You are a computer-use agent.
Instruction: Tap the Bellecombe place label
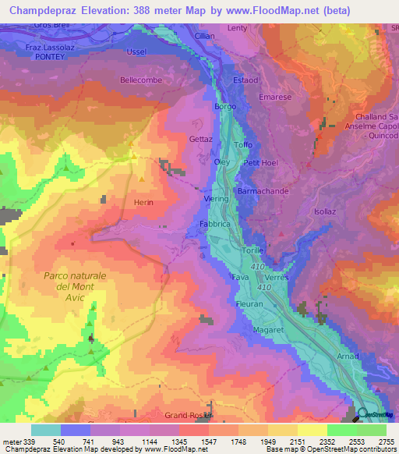click(x=140, y=80)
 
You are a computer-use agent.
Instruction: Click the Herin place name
click(x=143, y=202)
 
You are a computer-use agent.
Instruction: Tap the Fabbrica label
click(x=214, y=223)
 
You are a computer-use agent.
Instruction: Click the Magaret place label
click(x=267, y=330)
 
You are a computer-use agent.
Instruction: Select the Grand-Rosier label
click(x=188, y=414)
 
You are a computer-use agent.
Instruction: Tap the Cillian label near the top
click(x=205, y=36)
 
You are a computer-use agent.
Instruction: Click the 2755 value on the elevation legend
click(x=386, y=442)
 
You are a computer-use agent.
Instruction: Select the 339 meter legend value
click(x=23, y=442)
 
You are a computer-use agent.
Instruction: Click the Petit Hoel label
click(x=261, y=162)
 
